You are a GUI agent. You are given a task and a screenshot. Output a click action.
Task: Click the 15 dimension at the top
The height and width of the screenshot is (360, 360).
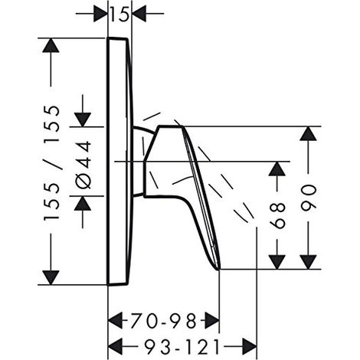coord(119,15)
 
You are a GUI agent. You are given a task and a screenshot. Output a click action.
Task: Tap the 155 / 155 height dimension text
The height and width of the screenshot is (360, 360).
coord(52,163)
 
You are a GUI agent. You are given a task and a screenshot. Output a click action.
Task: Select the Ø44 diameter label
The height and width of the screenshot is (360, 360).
coord(83,165)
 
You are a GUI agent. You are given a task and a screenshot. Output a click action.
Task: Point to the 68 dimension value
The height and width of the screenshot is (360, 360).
coord(277,215)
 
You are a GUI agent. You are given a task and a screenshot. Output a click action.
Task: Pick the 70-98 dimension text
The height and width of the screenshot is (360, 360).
coord(164,321)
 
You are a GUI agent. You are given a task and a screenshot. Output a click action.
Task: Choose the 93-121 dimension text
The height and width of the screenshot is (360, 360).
coord(182,347)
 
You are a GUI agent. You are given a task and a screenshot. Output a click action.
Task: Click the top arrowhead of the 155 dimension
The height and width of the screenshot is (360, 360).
coord(51,45)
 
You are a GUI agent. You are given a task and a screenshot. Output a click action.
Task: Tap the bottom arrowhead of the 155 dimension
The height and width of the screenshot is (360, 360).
coord(51,277)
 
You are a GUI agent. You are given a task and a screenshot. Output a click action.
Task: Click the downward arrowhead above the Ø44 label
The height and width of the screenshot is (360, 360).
coord(83,119)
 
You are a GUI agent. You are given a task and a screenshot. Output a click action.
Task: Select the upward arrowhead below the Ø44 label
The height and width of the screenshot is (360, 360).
coord(83,203)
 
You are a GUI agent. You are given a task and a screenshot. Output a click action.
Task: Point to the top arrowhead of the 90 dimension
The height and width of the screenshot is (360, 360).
coord(309,133)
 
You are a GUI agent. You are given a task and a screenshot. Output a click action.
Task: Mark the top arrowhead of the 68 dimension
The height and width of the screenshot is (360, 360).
coord(277,169)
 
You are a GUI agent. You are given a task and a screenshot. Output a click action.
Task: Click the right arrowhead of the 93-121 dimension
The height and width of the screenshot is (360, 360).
coord(250,347)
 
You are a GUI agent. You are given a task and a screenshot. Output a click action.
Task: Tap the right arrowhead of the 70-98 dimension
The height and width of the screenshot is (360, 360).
coord(212,321)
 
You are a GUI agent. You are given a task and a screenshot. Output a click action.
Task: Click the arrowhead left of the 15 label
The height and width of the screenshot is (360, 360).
coord(100,14)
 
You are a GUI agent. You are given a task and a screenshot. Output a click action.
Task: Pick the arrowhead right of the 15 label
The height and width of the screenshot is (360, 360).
coord(139,14)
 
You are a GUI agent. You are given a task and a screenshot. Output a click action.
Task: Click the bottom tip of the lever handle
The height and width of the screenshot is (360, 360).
coord(219,269)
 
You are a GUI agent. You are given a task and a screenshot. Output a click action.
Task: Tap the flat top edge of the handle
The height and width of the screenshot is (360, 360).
coord(170,126)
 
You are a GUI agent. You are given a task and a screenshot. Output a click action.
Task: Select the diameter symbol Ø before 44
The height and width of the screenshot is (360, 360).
coord(83,181)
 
